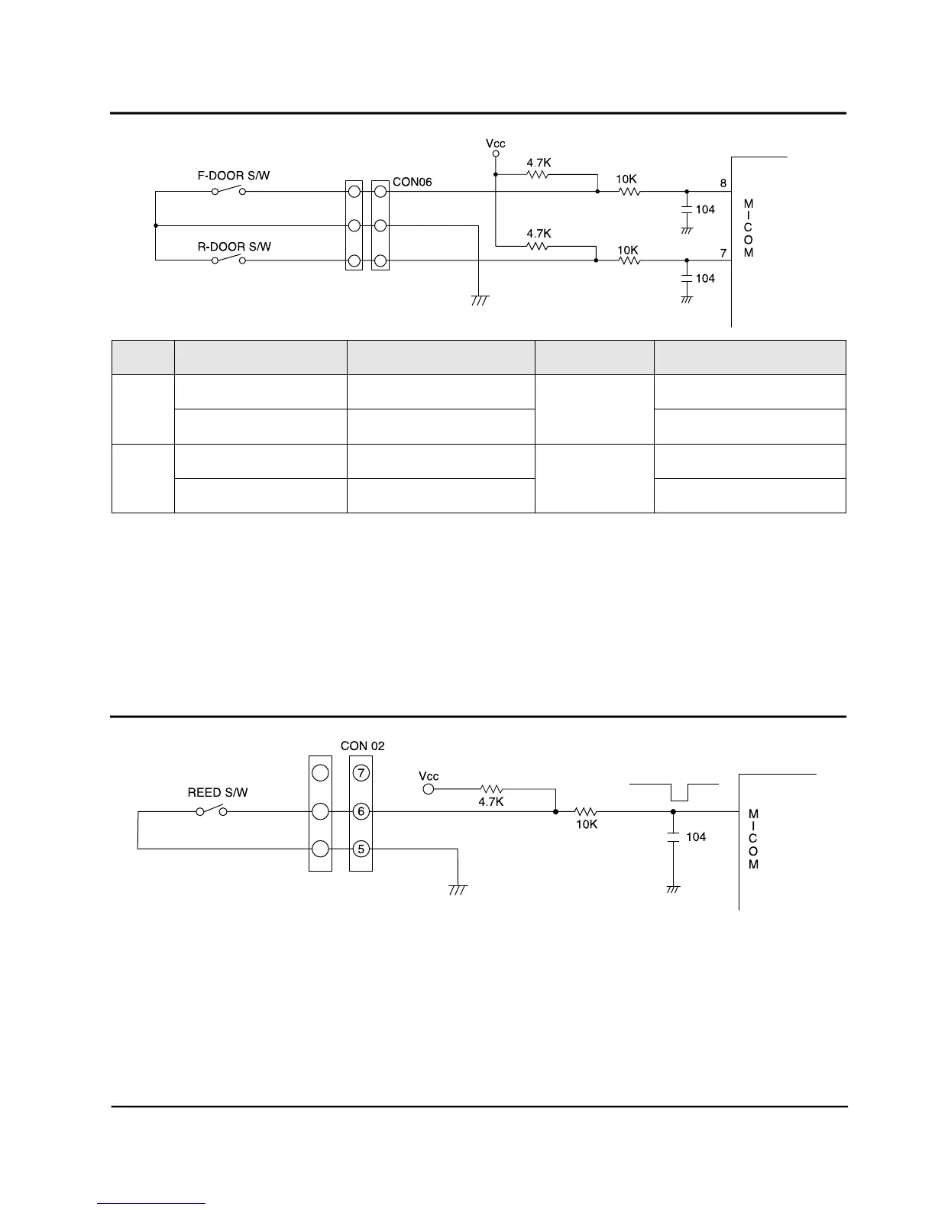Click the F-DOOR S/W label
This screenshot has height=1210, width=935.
234,176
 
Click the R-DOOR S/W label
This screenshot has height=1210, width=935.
234,247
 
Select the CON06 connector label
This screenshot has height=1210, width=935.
412,183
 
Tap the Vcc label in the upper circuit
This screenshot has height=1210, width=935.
496,143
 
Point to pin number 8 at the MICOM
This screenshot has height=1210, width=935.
723,183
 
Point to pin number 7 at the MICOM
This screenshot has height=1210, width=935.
723,253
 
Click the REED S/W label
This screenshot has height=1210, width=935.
218,793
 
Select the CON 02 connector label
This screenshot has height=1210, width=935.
362,746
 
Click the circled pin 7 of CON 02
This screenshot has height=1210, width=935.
361,773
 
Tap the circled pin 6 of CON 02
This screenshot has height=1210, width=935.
361,811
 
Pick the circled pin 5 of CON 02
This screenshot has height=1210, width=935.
361,849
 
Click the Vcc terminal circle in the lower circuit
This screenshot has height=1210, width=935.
429,788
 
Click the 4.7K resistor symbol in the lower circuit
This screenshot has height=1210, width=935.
491,788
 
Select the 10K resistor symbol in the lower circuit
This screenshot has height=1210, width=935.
586,811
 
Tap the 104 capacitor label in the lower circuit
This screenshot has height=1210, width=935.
696,837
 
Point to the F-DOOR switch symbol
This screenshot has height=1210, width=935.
229,190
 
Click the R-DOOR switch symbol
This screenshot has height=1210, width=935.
229,260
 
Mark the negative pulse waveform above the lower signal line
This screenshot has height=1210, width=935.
674,791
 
